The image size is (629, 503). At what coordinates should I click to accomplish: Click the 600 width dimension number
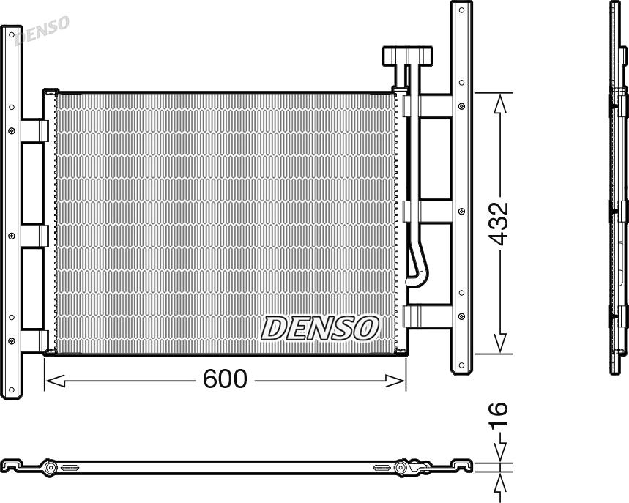point(225,379)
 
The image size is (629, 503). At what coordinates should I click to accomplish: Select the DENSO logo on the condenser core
point(320,328)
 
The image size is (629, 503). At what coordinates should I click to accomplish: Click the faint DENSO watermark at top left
point(42,30)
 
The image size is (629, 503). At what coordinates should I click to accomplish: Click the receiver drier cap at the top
point(408,56)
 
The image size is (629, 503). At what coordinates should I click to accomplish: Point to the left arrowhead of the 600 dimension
point(55,381)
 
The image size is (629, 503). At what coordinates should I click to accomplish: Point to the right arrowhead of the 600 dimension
point(395,381)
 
